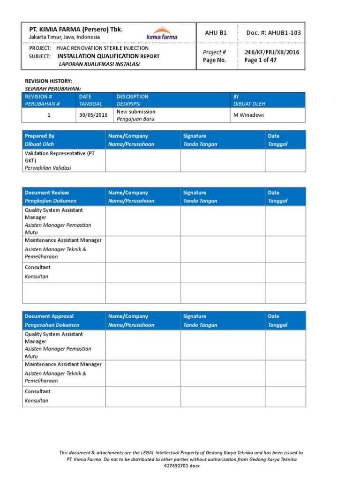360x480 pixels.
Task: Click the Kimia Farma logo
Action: (x=162, y=33)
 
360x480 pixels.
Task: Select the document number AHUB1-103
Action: (x=274, y=32)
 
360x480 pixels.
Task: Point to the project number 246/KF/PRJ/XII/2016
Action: (x=272, y=52)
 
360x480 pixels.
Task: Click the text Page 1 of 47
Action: (x=263, y=60)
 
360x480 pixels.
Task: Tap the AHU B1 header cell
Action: (x=216, y=32)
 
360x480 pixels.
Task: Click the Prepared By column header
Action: (x=40, y=136)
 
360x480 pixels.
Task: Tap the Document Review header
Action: (x=47, y=193)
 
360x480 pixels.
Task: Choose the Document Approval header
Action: (x=49, y=316)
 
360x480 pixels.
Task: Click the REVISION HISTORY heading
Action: (x=48, y=81)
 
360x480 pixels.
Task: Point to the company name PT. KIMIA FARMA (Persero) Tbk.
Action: (x=75, y=29)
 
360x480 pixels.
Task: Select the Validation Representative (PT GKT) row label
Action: (x=59, y=157)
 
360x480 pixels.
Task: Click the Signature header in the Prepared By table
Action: (x=195, y=136)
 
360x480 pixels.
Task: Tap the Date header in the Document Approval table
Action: (x=273, y=316)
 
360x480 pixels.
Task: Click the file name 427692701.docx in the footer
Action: (x=181, y=466)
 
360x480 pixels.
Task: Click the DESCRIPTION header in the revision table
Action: (x=133, y=97)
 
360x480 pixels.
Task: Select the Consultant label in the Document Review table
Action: (x=37, y=267)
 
